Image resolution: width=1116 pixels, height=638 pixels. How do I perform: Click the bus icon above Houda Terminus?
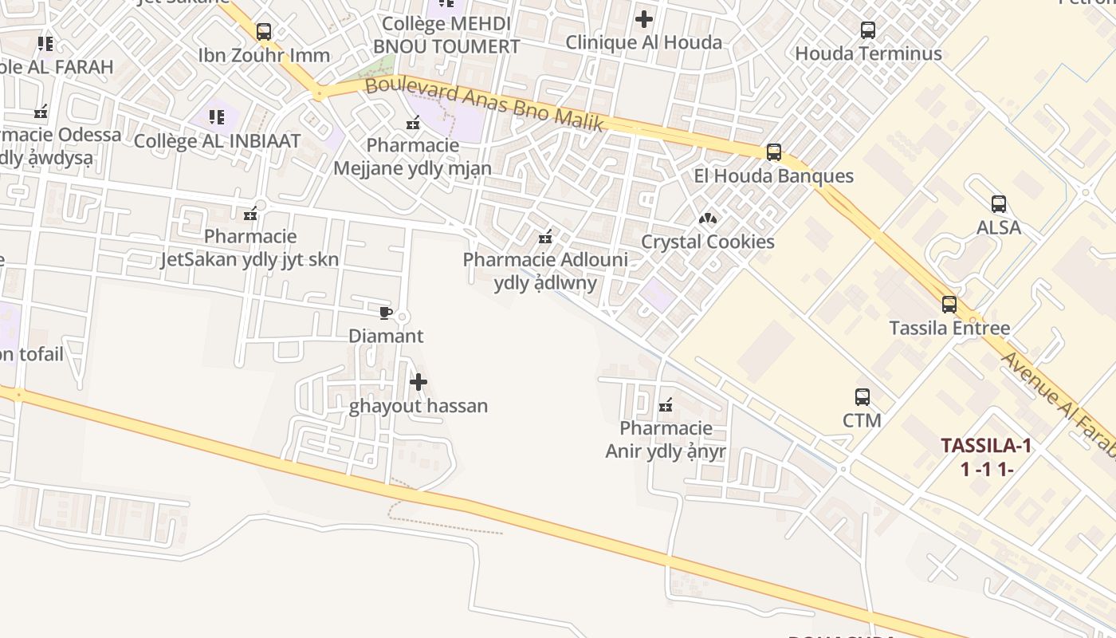tap(868, 30)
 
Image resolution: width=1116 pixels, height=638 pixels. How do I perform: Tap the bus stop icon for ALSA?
tap(998, 204)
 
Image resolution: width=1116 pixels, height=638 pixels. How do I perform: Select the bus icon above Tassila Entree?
tap(949, 305)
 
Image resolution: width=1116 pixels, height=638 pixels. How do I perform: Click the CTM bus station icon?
tap(862, 396)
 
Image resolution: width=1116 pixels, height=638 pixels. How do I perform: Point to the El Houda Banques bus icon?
tap(773, 152)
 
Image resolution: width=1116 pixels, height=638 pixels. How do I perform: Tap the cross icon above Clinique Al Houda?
tap(644, 18)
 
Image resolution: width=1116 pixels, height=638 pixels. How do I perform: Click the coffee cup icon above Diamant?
tap(386, 313)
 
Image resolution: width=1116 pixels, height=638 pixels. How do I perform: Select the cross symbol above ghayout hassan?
tap(418, 382)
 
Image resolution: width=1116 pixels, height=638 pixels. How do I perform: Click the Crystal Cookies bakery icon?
tap(707, 218)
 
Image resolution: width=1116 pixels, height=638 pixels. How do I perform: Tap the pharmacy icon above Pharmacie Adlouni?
tap(545, 236)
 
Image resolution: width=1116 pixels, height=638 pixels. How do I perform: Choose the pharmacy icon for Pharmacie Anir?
tap(666, 406)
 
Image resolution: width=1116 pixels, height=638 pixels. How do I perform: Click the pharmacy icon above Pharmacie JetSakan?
tap(250, 213)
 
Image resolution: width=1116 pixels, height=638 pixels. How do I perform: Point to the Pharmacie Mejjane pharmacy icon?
tap(413, 123)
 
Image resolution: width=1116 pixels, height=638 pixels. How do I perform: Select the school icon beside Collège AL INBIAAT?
tap(217, 117)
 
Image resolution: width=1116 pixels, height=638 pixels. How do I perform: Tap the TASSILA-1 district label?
tap(986, 446)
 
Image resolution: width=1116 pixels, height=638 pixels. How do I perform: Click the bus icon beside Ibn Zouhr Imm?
tap(264, 32)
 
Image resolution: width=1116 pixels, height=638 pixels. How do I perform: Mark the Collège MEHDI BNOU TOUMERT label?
tap(446, 35)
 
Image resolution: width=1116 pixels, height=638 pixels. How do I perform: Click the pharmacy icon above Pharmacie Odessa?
tap(41, 112)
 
